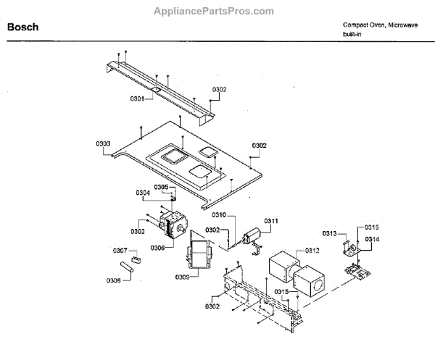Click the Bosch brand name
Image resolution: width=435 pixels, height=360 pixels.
click(x=22, y=28)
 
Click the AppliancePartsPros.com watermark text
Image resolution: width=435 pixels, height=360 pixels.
click(x=215, y=11)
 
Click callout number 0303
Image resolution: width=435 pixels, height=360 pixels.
click(x=104, y=143)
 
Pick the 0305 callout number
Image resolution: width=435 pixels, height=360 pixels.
click(x=161, y=187)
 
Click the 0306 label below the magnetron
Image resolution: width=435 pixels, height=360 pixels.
click(x=157, y=247)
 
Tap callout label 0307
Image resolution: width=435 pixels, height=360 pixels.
click(x=120, y=251)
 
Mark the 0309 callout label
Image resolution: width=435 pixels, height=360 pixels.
click(x=183, y=277)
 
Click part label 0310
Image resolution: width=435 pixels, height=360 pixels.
click(x=219, y=215)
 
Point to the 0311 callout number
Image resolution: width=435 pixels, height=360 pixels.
click(x=271, y=220)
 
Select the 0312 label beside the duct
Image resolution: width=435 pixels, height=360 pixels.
click(x=312, y=251)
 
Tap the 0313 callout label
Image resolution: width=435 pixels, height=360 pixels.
click(x=331, y=233)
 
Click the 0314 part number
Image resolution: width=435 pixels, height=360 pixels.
click(x=372, y=239)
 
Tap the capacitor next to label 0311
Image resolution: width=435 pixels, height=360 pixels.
click(x=252, y=236)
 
